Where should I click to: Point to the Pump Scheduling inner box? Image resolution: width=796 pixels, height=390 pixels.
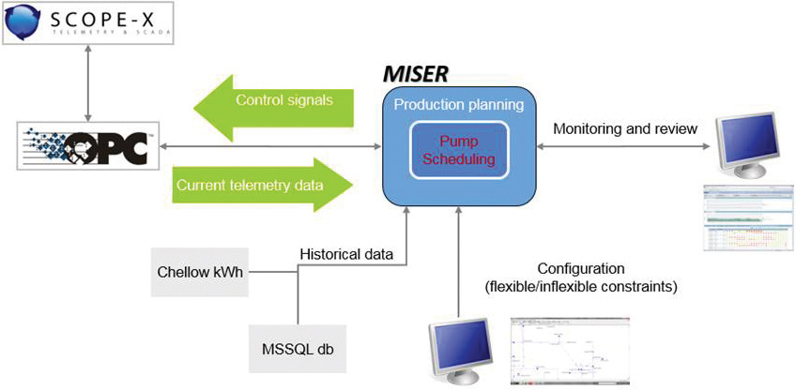click(459, 148)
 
